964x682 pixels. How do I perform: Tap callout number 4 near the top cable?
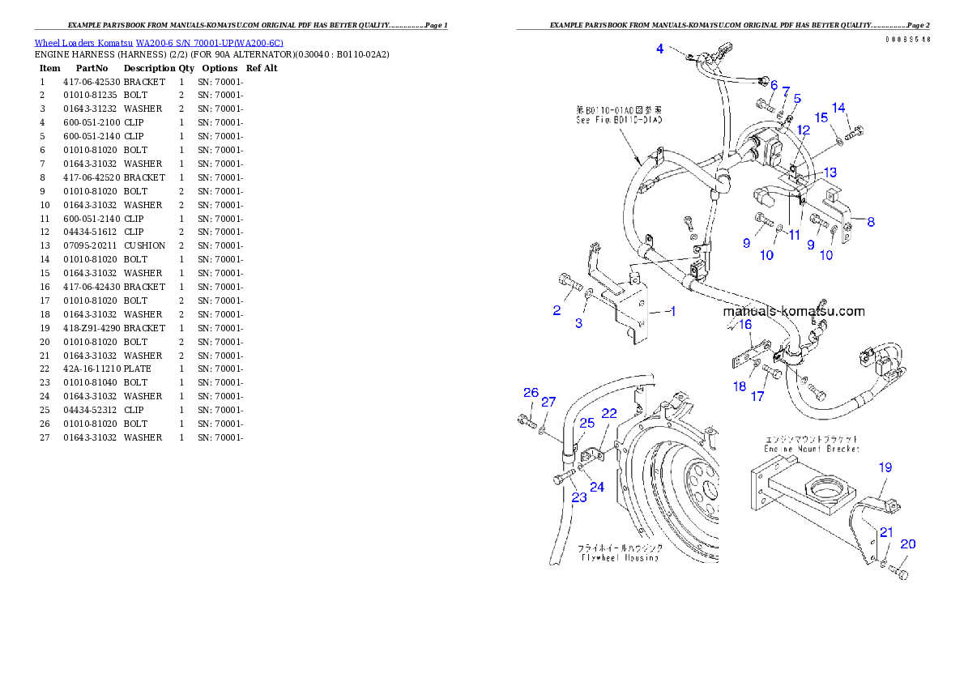pos(660,49)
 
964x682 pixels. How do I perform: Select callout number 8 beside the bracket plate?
pos(871,222)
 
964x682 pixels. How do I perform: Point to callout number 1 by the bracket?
pos(671,311)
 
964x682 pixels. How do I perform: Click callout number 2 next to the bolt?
pos(557,310)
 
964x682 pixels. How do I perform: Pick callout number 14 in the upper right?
pos(838,108)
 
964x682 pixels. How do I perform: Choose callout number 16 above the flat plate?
pos(745,324)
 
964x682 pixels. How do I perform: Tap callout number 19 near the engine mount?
pos(885,467)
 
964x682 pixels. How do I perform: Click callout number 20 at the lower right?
pos(908,544)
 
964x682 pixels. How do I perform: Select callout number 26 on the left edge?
pos(531,393)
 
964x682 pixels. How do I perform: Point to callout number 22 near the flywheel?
pos(609,414)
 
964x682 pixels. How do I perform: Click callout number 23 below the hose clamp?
pos(579,497)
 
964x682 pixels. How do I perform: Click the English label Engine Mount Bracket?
pos(812,449)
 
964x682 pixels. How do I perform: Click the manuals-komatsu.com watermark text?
pos(793,311)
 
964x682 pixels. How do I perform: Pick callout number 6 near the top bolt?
pos(774,85)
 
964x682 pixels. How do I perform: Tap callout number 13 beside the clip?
pos(830,173)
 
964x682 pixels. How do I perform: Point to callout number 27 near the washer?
pos(548,402)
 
